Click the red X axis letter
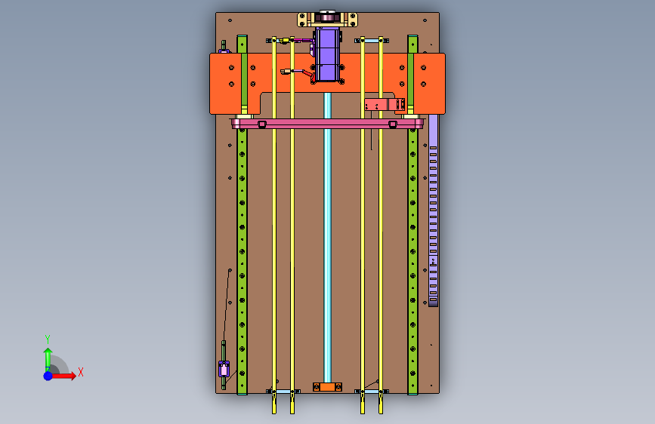(x=81, y=372)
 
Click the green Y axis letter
(x=48, y=339)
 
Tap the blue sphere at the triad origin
(x=48, y=376)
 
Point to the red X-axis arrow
(x=63, y=376)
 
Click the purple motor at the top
(x=327, y=54)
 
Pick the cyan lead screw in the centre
(x=328, y=236)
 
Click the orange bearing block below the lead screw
(x=328, y=387)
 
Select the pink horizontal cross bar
(x=328, y=124)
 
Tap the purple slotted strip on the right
(x=433, y=210)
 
